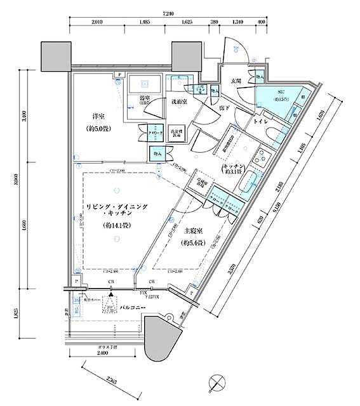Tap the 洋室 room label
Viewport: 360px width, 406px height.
pos(98,116)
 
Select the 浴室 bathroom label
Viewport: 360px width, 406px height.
pos(144,98)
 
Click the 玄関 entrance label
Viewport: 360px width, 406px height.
pos(236,81)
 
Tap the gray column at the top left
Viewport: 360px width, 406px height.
pos(56,56)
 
